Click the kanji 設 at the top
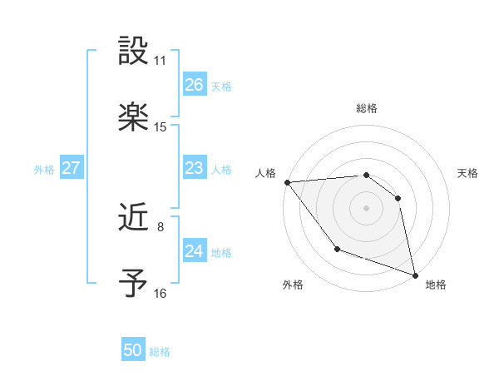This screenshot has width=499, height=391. click(134, 52)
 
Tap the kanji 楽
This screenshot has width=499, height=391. click(134, 117)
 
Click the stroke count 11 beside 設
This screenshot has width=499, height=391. click(161, 61)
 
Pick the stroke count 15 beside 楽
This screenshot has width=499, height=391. click(161, 127)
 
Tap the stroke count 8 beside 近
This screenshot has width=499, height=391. click(161, 225)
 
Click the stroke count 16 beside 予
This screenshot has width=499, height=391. click(161, 293)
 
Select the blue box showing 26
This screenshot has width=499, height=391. click(195, 85)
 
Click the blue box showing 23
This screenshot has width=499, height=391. click(195, 169)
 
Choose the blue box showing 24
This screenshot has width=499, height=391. click(195, 251)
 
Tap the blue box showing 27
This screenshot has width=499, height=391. click(72, 168)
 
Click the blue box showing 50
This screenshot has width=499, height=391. click(133, 350)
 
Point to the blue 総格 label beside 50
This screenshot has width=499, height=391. click(161, 352)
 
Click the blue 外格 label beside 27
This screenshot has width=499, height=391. click(44, 170)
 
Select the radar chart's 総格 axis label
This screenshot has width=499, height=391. click(367, 108)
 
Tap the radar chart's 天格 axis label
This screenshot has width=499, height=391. click(468, 173)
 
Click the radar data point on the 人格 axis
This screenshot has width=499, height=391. click(287, 182)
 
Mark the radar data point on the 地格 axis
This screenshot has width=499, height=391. click(414, 274)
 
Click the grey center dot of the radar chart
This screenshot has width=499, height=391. click(366, 207)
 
